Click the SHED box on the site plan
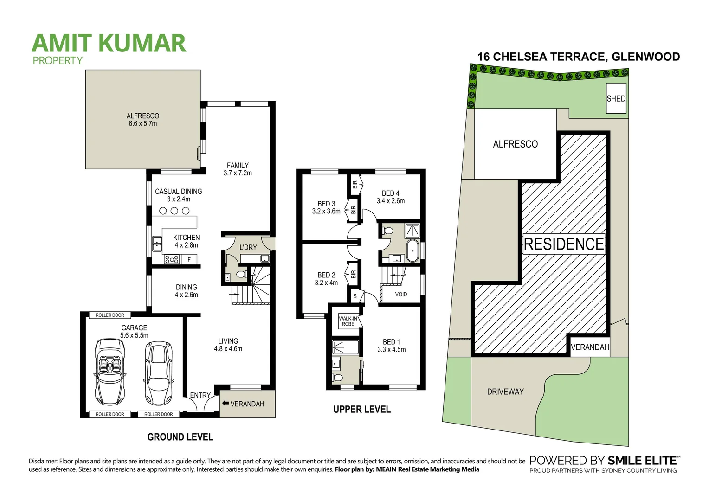(616, 98)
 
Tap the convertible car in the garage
(110, 371)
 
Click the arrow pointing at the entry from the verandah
(225, 404)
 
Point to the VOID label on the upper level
(401, 295)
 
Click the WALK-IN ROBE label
(348, 321)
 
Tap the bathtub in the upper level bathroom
(412, 251)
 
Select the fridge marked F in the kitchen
(189, 260)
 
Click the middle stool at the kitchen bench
(174, 211)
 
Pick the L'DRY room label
(248, 247)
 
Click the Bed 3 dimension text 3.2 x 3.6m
(326, 212)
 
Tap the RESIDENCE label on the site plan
(564, 244)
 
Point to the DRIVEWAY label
(505, 392)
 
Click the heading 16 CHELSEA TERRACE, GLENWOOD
(578, 57)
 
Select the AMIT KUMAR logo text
(109, 43)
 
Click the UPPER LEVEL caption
(362, 410)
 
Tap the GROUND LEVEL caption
(180, 437)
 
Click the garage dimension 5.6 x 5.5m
(134, 335)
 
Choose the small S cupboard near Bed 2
(355, 296)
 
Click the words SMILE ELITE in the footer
(642, 461)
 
